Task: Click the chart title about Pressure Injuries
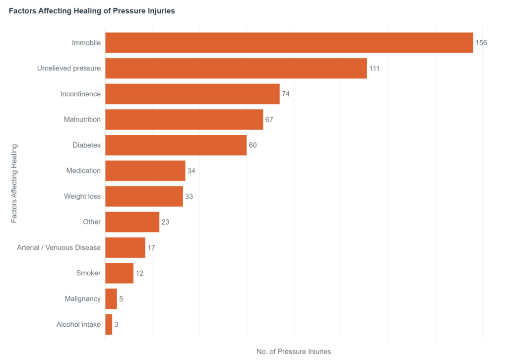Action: click(92, 11)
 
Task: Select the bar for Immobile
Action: click(289, 43)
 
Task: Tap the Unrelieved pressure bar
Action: click(236, 68)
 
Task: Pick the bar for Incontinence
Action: click(192, 94)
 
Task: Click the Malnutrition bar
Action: click(184, 120)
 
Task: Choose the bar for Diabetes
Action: click(176, 145)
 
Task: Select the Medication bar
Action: click(145, 171)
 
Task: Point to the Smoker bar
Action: click(119, 273)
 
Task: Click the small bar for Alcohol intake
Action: click(109, 324)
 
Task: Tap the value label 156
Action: click(481, 43)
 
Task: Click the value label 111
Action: click(374, 68)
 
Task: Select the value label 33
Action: click(189, 196)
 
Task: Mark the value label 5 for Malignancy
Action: click(121, 299)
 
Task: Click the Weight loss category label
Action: click(82, 196)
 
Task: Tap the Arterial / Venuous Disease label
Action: click(59, 247)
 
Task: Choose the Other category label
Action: click(92, 222)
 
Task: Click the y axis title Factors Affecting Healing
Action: click(14, 183)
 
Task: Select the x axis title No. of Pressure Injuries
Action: click(294, 352)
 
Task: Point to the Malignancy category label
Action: click(82, 299)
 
